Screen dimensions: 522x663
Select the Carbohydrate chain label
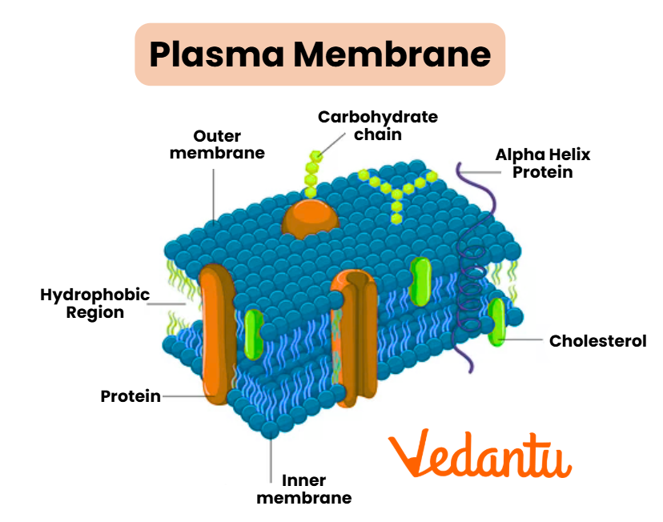378,125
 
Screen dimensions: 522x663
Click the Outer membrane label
217,144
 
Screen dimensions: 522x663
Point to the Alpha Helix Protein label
543,163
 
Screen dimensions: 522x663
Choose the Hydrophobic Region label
95,303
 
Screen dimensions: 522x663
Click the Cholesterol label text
597,341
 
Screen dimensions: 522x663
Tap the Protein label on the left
130,396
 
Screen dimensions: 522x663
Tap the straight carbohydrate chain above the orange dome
313,170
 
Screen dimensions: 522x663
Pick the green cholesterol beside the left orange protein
254,333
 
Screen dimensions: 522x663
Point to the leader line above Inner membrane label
271,456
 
